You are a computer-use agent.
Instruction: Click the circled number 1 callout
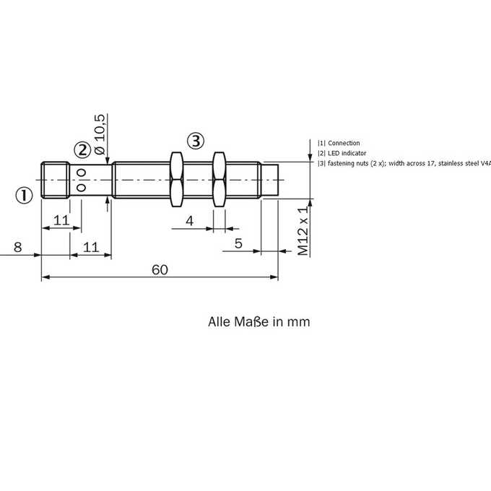click(x=24, y=196)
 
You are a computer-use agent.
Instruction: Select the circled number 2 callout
click(x=82, y=150)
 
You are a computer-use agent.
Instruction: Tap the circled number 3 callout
click(x=196, y=141)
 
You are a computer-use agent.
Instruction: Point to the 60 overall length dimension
click(x=160, y=270)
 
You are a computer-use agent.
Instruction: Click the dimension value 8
click(x=18, y=247)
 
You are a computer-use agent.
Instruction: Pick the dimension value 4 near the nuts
click(x=189, y=221)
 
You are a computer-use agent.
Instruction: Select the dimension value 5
click(x=238, y=243)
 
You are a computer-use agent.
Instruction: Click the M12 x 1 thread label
click(x=303, y=231)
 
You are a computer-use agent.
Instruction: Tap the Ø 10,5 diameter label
click(x=100, y=134)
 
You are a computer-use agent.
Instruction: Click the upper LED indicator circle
click(x=82, y=173)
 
